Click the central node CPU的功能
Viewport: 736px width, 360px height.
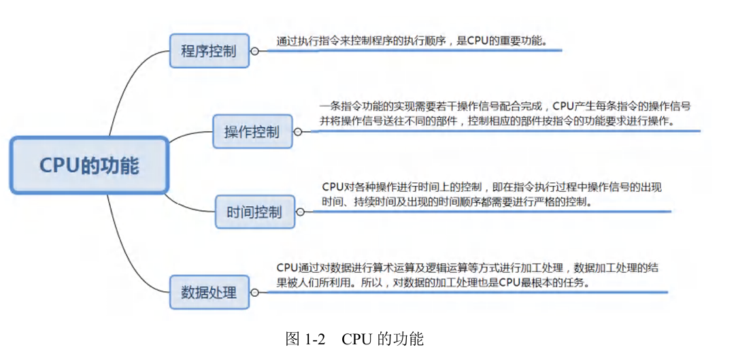click(x=88, y=165)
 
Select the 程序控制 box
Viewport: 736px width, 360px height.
click(x=209, y=50)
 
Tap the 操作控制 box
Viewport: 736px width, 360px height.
click(x=252, y=131)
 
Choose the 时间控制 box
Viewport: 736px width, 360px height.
click(x=254, y=211)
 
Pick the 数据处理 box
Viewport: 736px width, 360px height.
click(x=209, y=292)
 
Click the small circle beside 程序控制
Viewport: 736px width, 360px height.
click(x=255, y=51)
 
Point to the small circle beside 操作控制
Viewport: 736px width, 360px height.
click(x=297, y=131)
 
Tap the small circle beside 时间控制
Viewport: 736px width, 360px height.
click(x=299, y=212)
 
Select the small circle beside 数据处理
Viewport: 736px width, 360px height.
click(x=255, y=292)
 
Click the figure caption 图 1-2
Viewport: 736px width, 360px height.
click(x=307, y=338)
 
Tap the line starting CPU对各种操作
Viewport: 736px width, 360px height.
click(x=501, y=187)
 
